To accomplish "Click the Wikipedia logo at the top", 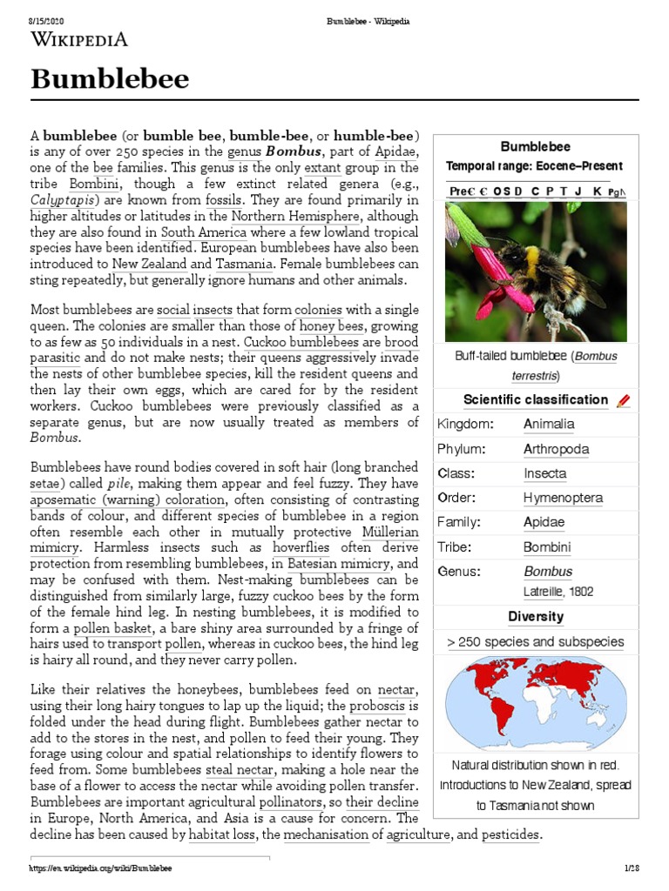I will point(80,39).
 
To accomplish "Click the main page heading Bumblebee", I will point(110,79).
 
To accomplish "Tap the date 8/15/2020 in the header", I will point(48,20).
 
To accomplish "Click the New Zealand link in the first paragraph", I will point(148,264).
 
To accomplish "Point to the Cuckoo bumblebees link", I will point(289,342).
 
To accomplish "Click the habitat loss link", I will point(223,834).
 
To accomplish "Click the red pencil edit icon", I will point(623,401).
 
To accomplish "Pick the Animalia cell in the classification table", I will point(549,425).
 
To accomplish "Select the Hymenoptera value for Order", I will point(563,498).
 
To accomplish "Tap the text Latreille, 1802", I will point(558,592).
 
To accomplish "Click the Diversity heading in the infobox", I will point(536,617).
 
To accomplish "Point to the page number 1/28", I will point(632,868).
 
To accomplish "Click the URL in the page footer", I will point(100,868).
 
